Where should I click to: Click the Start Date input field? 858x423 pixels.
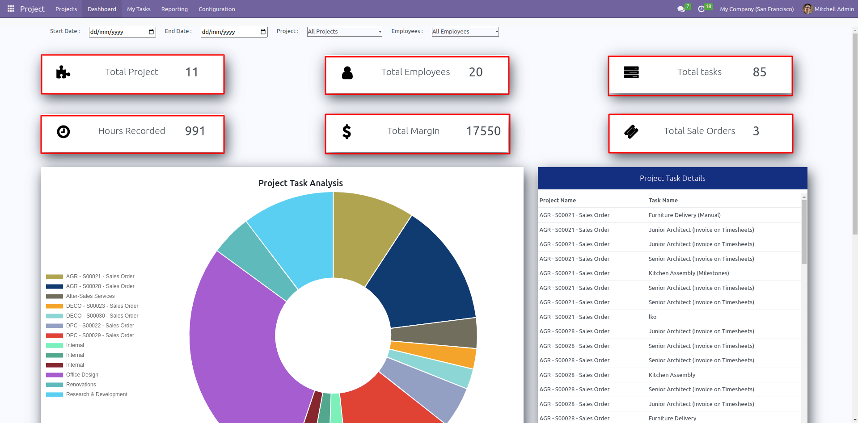118,32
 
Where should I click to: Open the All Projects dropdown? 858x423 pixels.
344,32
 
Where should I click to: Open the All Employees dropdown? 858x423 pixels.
465,32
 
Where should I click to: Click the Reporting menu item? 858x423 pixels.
174,9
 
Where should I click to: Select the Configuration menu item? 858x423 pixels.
216,9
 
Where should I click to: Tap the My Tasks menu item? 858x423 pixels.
139,9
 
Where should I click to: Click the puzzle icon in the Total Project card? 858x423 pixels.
63,72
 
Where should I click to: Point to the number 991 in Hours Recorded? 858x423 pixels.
195,131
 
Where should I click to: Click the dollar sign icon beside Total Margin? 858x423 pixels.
347,131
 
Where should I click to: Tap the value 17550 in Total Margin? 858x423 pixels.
483,131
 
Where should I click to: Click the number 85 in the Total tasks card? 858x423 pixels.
759,72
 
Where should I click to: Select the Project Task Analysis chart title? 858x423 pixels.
300,183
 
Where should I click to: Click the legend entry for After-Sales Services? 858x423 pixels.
90,296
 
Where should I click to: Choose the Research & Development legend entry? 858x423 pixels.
96,394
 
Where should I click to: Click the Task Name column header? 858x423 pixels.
663,201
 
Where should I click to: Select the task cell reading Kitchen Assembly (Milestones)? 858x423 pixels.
689,273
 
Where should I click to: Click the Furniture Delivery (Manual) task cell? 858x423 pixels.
685,215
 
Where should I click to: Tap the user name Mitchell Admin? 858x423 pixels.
834,9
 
